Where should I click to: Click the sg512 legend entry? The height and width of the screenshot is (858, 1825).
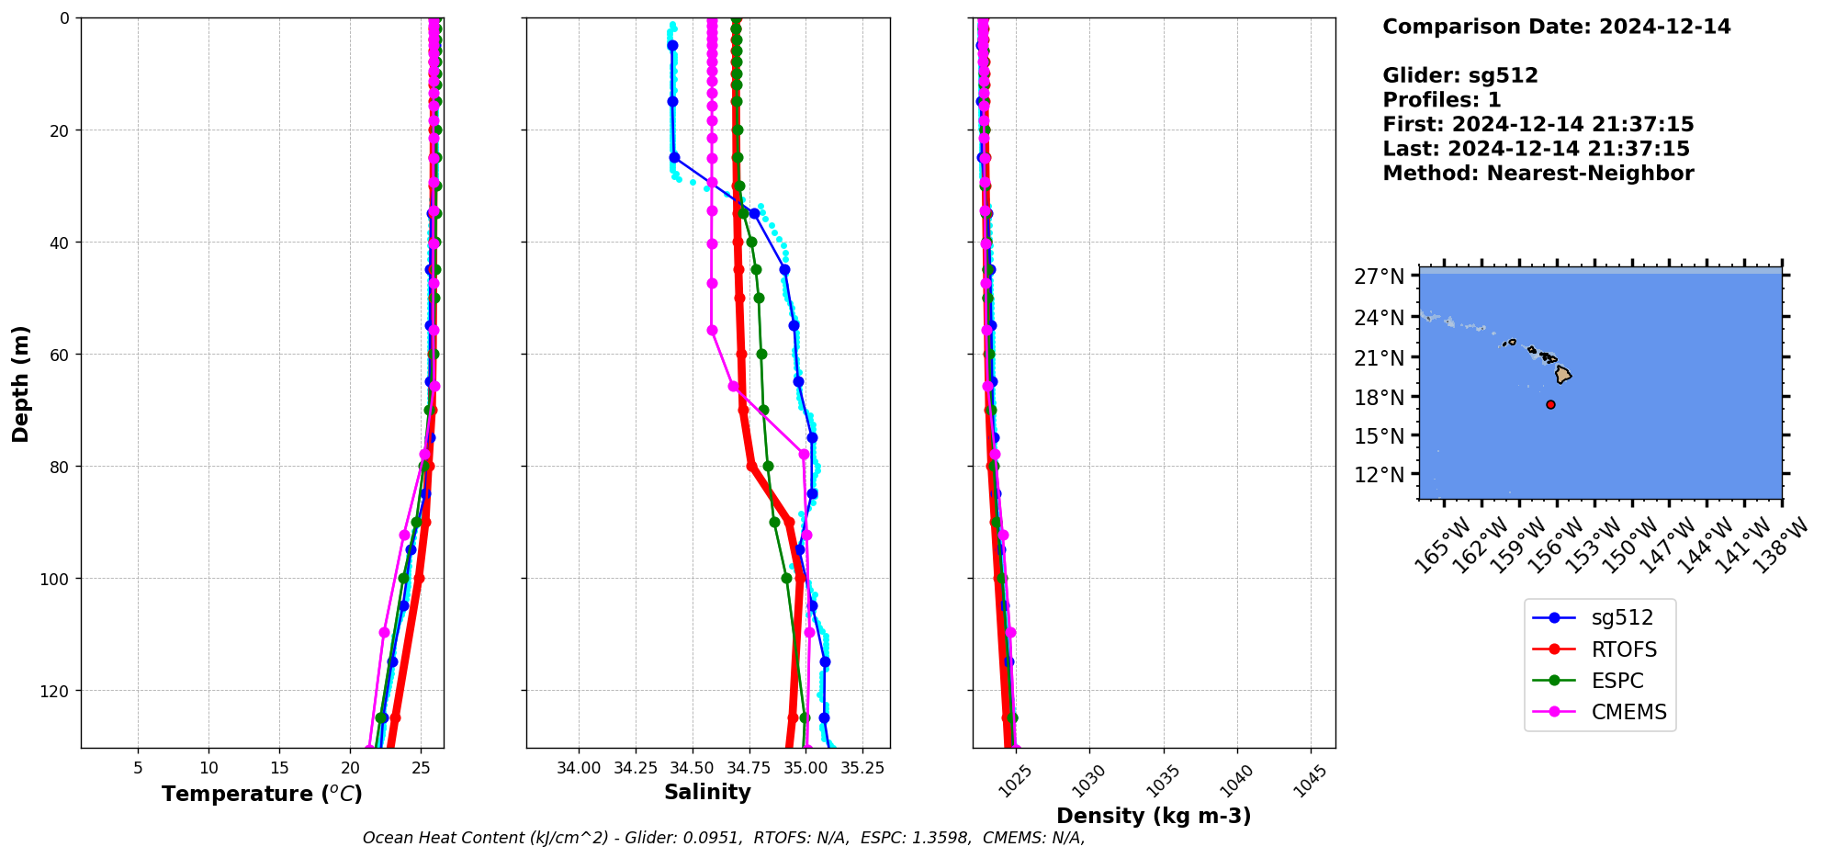(1621, 618)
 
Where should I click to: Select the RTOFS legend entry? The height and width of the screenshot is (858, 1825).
(1623, 649)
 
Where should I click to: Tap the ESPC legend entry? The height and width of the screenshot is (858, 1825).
(1617, 681)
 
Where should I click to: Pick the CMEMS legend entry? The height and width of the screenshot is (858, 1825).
(1628, 712)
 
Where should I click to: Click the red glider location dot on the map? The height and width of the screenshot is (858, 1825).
(1550, 404)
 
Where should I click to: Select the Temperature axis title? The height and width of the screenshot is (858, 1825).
(262, 794)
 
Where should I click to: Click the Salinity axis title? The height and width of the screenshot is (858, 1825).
(707, 792)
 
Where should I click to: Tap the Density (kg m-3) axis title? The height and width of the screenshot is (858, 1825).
(1154, 816)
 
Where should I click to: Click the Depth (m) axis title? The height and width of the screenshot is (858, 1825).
(20, 383)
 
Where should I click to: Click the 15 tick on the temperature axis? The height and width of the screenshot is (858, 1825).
(280, 768)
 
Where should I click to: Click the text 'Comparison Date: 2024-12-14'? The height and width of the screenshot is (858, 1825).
(1556, 27)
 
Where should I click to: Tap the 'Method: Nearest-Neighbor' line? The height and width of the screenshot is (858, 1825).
(1538, 174)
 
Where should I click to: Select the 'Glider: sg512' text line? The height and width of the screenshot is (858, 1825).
(1459, 75)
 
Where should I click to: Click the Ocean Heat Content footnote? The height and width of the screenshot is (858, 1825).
(724, 838)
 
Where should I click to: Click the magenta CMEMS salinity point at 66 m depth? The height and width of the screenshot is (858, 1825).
(733, 386)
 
